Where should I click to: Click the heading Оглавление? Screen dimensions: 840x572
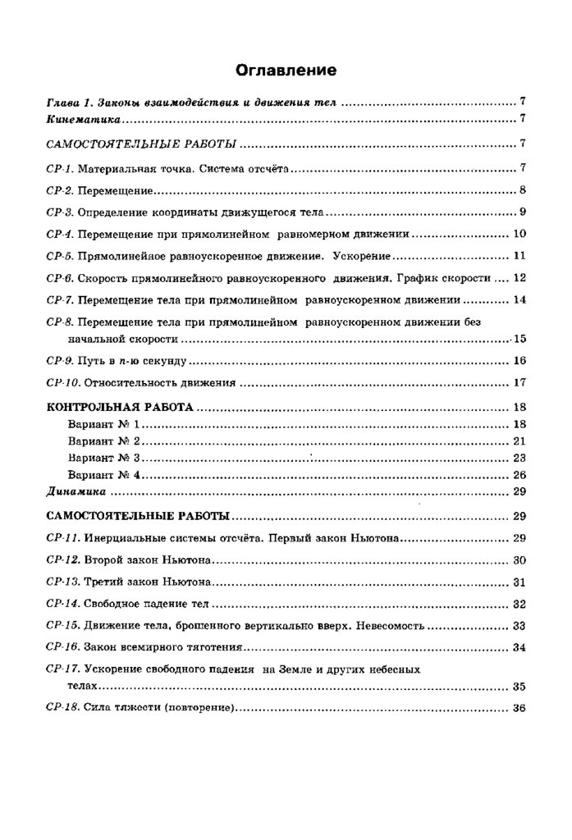click(286, 70)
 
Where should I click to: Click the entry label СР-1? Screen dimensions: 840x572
click(60, 170)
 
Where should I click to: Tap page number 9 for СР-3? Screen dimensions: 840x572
click(522, 213)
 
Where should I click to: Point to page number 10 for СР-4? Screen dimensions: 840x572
click(519, 234)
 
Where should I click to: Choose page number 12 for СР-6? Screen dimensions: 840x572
click(519, 277)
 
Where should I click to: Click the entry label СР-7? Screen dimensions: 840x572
click(60, 299)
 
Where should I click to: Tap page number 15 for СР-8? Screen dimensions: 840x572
click(519, 338)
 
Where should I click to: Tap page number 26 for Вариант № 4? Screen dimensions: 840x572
click(519, 475)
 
